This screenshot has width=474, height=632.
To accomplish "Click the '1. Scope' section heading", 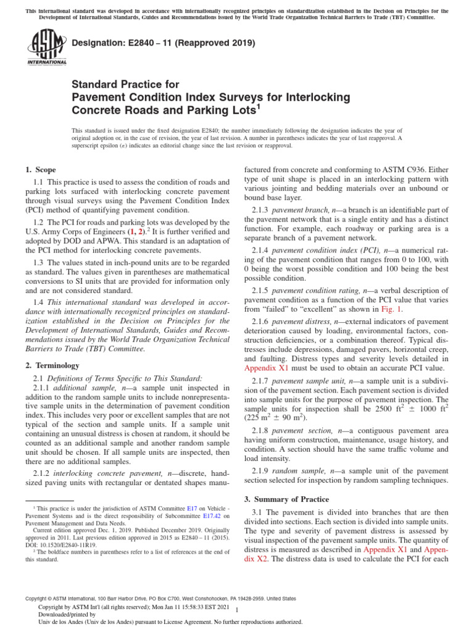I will coord(40,170).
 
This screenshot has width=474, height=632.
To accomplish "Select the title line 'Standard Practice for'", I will coord(125,84).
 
